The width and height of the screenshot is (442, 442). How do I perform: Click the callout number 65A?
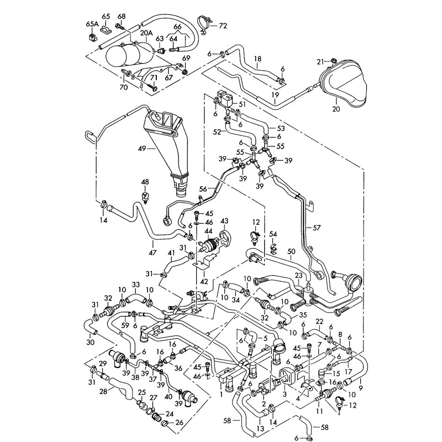coord(91,24)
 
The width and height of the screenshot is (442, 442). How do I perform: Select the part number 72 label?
coord(223,25)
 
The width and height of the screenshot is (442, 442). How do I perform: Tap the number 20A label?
coord(146,34)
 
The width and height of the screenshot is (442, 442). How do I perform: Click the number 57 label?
coord(316,227)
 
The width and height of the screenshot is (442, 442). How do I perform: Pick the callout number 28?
coord(103,391)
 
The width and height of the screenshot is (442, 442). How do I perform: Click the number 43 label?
coord(224,221)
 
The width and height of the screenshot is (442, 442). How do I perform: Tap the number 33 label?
coord(135,286)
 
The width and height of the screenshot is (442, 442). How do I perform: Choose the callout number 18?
coord(257,58)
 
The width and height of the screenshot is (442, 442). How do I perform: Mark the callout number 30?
coord(92,342)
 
